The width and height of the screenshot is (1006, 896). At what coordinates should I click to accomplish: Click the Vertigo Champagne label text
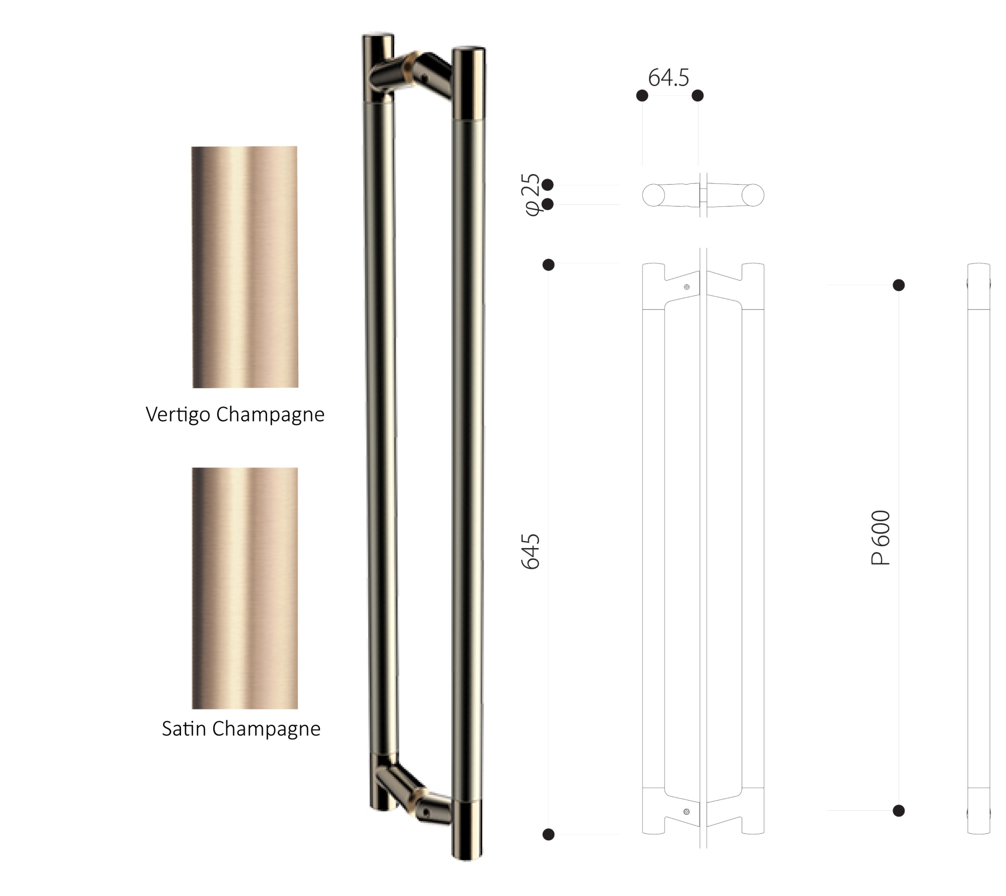pyautogui.click(x=235, y=415)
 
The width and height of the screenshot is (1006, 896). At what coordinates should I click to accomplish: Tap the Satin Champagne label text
pyautogui.click(x=241, y=728)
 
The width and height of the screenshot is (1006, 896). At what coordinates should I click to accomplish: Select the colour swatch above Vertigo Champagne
pyautogui.click(x=245, y=267)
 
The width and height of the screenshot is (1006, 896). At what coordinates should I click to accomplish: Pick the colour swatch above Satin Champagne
pyautogui.click(x=245, y=588)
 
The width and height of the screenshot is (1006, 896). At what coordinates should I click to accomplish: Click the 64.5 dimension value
pyautogui.click(x=668, y=77)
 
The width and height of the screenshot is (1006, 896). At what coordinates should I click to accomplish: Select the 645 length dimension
pyautogui.click(x=530, y=551)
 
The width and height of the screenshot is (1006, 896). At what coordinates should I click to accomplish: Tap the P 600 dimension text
pyautogui.click(x=880, y=537)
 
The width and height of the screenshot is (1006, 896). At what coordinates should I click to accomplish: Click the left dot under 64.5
pyautogui.click(x=642, y=95)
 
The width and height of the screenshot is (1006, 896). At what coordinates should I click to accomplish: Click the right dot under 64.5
pyautogui.click(x=697, y=95)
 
